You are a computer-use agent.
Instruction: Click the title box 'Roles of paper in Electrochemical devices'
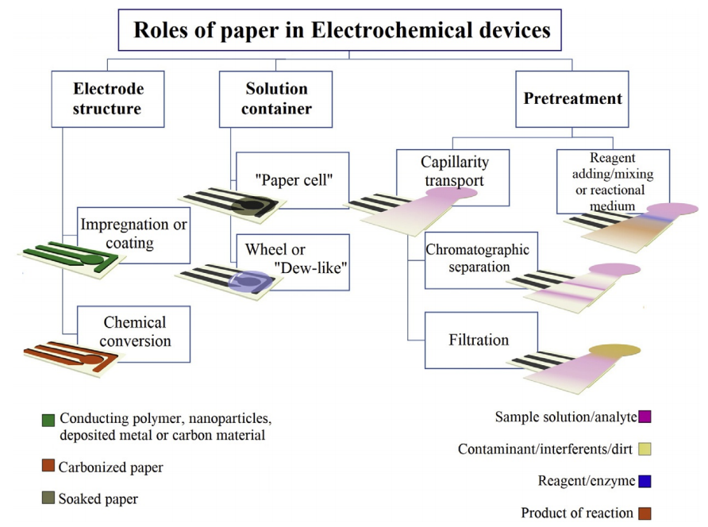coord(340,30)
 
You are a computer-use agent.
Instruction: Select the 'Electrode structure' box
coord(108,99)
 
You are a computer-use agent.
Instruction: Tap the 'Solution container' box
coord(276,99)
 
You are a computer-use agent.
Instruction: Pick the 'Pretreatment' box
coord(572,99)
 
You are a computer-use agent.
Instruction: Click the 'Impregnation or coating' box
coord(133,235)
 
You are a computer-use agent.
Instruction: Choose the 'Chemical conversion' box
coord(133,334)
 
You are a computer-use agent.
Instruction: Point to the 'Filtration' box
coord(481,340)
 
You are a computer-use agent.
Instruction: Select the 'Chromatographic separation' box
coord(481,260)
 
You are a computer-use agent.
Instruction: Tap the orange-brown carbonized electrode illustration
coord(71,356)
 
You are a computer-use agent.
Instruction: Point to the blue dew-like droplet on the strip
coord(251,282)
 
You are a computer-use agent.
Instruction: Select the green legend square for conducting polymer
coord(48,421)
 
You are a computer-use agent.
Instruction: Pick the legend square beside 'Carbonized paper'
coord(48,466)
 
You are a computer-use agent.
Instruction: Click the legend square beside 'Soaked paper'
coord(48,498)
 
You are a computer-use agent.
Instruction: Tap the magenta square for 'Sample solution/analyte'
coord(645,417)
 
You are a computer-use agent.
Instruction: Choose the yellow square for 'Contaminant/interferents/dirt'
coord(645,449)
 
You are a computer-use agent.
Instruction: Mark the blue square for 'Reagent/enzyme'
coord(645,482)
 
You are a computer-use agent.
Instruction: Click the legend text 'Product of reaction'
coord(577,513)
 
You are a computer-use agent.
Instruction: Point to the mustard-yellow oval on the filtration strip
coord(614,350)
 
